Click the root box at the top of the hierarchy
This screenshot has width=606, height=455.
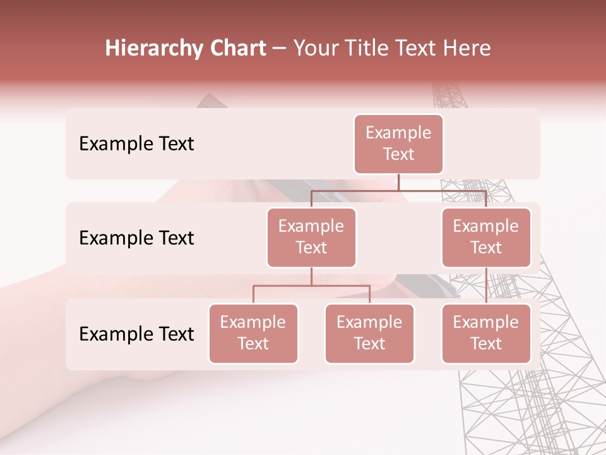tap(398, 144)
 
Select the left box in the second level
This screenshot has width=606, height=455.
tap(311, 238)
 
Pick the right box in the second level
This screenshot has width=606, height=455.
tap(486, 238)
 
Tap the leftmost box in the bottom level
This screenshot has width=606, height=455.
tap(253, 334)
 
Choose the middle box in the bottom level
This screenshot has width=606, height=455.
tap(369, 334)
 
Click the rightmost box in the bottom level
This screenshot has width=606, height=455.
tap(486, 334)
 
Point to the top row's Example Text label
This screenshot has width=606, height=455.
tap(136, 144)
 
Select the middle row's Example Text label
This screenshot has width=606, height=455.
tap(136, 238)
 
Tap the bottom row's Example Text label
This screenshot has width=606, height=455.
tap(136, 334)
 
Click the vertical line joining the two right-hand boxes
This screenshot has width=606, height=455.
tap(486, 285)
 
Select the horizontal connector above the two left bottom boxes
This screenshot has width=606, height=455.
tap(311, 286)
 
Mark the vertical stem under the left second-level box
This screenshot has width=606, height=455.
tap(311, 276)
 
